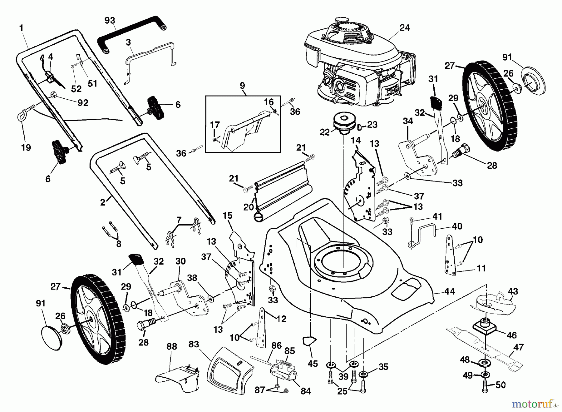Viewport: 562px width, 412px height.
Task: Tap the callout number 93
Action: click(x=110, y=21)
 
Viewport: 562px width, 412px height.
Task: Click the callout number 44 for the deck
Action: click(x=450, y=291)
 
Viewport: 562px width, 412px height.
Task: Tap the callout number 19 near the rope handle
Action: click(x=26, y=147)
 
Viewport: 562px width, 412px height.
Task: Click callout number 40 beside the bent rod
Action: click(x=457, y=226)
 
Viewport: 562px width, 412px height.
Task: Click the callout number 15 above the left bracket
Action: click(x=228, y=216)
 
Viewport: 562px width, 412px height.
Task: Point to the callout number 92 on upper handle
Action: click(x=83, y=102)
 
